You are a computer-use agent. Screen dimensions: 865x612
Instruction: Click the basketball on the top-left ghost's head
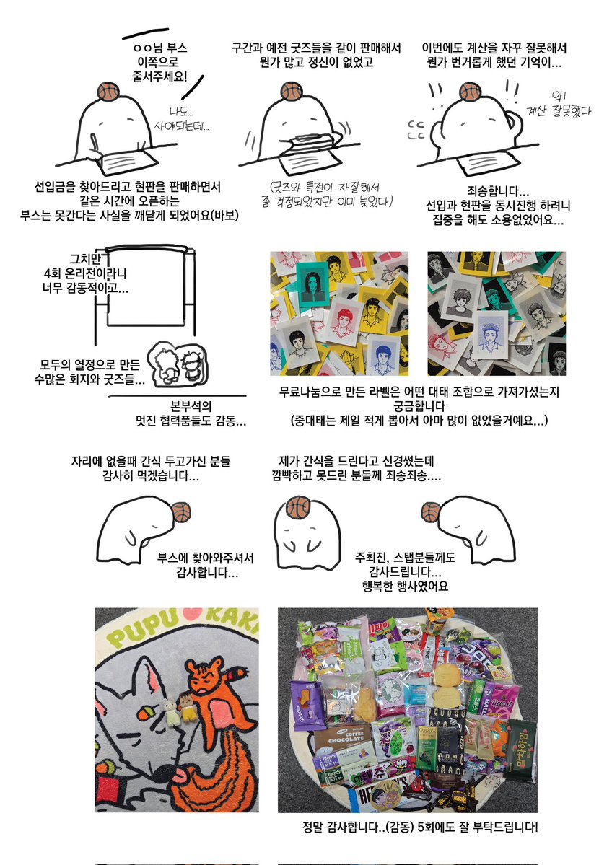[105, 92]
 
